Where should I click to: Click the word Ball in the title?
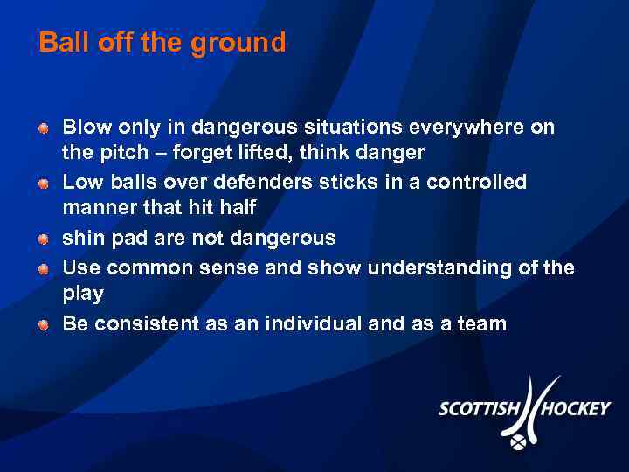point(59,43)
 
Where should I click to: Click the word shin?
point(80,238)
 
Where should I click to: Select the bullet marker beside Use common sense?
point(43,268)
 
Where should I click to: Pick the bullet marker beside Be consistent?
point(43,325)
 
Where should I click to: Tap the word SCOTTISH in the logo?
point(480,409)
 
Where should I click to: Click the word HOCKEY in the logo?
point(574,409)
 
